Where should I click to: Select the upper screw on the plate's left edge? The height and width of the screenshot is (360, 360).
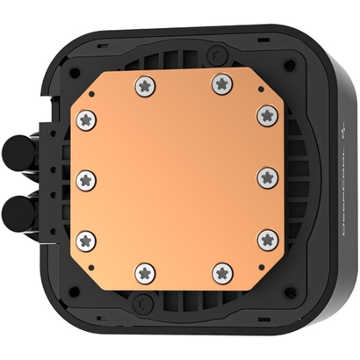(86, 119)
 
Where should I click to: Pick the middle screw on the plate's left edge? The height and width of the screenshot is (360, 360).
(86, 178)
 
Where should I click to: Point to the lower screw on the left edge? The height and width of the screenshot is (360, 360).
(86, 237)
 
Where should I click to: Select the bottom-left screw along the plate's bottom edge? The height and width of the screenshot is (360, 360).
(142, 271)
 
